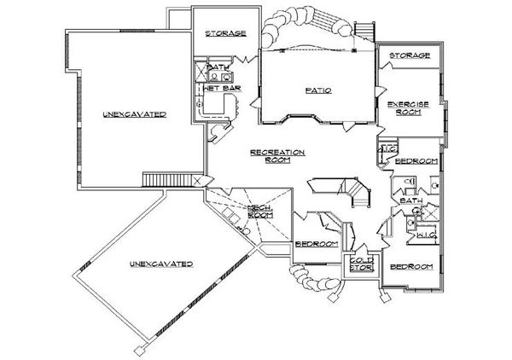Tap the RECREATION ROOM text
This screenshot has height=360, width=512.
pos(278,155)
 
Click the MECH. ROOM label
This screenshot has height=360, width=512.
pos(259,212)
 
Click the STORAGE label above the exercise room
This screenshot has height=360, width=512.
pos(410,56)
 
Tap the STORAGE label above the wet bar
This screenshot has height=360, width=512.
pos(226,33)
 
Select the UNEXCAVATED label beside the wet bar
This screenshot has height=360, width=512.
pos(134,113)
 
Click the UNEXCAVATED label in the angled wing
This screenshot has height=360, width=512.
pos(160,264)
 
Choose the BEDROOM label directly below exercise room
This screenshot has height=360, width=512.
pos(418,160)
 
